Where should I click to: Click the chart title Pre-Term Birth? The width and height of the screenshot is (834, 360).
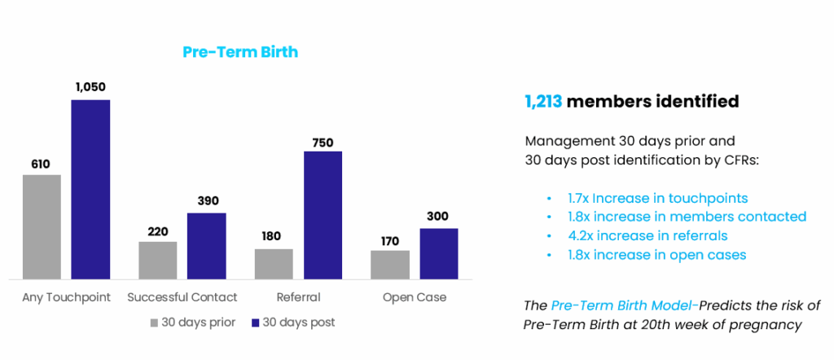239,52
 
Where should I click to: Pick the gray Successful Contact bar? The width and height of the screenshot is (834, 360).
158,260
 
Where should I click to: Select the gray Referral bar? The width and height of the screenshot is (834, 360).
274,264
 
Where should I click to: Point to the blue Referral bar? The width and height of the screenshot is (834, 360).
323,215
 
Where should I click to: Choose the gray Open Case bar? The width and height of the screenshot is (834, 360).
390,265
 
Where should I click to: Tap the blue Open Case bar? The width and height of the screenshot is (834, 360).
439,253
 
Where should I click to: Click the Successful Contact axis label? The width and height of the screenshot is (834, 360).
182,297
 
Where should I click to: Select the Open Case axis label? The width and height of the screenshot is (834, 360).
415,297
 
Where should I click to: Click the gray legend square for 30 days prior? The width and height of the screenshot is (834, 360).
155,323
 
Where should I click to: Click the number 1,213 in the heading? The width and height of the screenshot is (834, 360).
542,102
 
